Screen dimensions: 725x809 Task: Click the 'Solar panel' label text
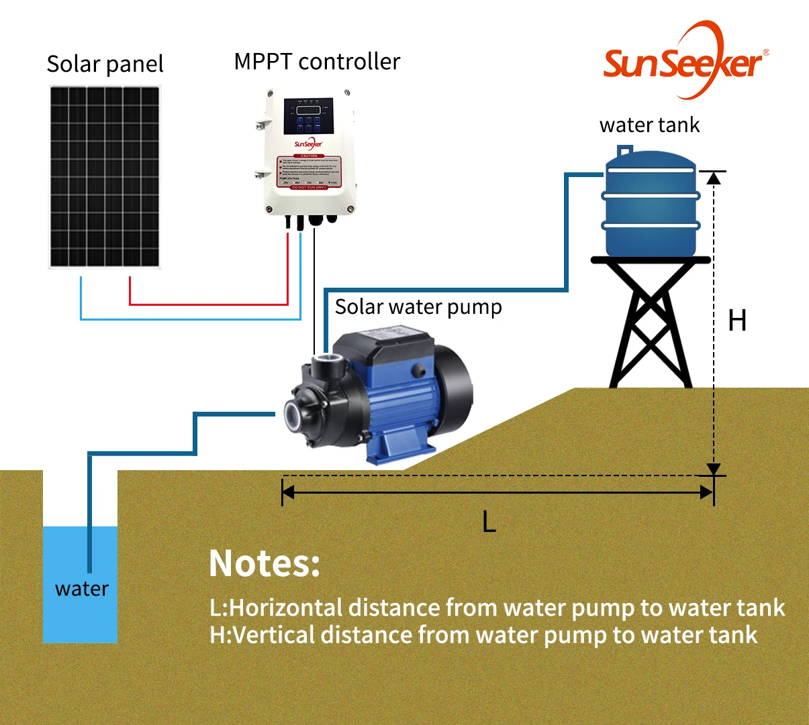click(x=105, y=64)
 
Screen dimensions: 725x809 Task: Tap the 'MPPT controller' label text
click(x=317, y=62)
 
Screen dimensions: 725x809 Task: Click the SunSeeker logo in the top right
click(x=683, y=62)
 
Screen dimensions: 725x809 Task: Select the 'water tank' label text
click(x=649, y=125)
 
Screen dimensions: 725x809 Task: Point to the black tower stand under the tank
click(x=650, y=322)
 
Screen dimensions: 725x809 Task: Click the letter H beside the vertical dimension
click(x=737, y=321)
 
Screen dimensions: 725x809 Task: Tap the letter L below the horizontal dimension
click(x=489, y=521)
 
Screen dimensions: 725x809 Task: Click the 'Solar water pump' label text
click(x=418, y=307)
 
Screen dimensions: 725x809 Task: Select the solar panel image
click(x=105, y=177)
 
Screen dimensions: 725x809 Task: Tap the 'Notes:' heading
click(x=265, y=563)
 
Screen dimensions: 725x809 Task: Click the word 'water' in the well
click(x=81, y=589)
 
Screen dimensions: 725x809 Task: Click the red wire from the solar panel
click(x=208, y=304)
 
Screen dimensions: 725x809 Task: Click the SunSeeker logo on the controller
click(x=308, y=144)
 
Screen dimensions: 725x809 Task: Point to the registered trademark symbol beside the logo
click(x=766, y=52)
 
